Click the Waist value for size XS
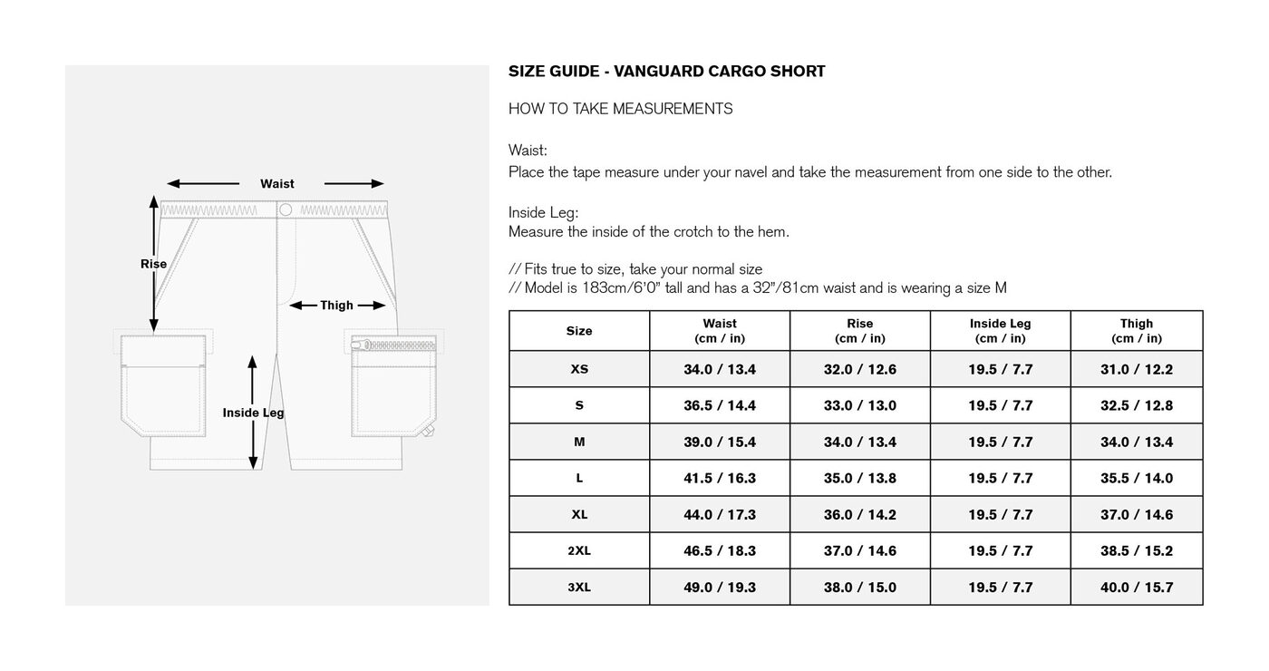(x=719, y=369)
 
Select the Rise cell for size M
(x=859, y=442)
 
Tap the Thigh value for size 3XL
(x=1136, y=587)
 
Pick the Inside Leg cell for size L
(x=1000, y=478)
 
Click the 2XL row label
(x=579, y=550)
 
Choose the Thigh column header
(x=1136, y=330)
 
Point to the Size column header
(x=579, y=331)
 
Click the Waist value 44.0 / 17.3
(x=719, y=514)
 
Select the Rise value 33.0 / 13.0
(x=859, y=405)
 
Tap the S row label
(x=579, y=405)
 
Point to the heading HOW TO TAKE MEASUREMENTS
(x=620, y=109)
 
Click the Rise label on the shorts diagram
(x=153, y=264)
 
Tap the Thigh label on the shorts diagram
(x=336, y=306)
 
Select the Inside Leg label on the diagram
(x=253, y=413)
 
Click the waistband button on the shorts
(x=286, y=209)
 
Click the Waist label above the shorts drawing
(x=276, y=183)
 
